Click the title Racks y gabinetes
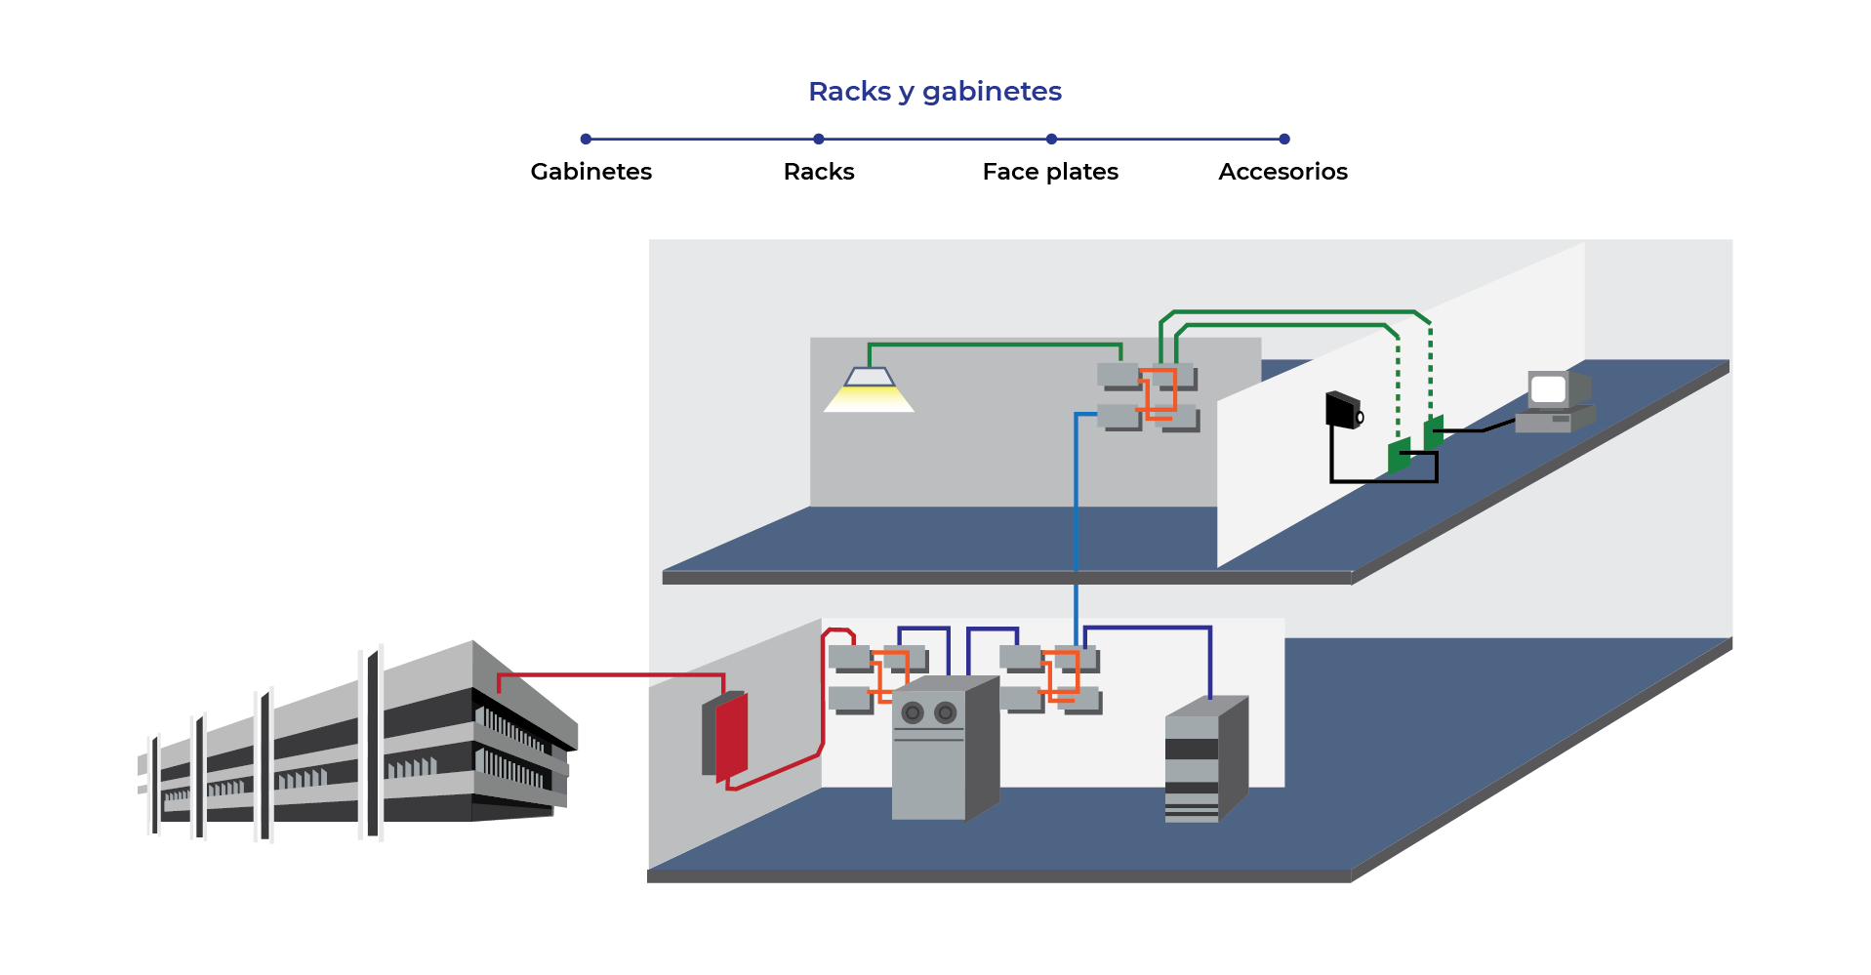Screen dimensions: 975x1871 (x=934, y=92)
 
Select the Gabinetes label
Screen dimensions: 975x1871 (x=590, y=172)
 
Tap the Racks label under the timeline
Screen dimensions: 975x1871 (x=818, y=172)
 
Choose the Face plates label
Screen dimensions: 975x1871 (x=1049, y=172)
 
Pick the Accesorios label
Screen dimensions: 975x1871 (x=1282, y=172)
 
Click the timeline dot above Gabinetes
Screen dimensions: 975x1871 (x=586, y=140)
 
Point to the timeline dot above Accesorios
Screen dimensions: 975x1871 (x=1283, y=140)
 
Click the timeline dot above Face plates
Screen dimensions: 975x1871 (x=1051, y=140)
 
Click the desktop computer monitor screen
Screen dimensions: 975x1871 (x=1548, y=389)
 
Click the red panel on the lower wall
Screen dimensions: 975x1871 (x=731, y=737)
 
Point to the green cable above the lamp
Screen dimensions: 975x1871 (x=996, y=345)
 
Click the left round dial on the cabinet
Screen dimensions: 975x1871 (x=913, y=713)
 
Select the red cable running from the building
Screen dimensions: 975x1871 (x=610, y=674)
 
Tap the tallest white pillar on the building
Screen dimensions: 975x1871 (x=372, y=742)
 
